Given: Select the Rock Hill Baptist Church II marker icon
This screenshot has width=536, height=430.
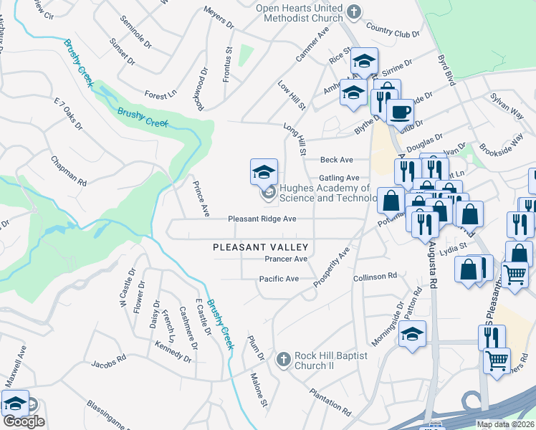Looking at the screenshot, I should coord(284,358).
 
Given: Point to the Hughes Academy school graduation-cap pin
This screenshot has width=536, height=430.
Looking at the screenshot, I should coord(264,172).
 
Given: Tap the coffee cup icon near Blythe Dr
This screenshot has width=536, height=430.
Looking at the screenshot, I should coord(400,112).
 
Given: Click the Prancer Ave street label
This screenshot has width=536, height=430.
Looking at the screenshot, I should coord(286,259).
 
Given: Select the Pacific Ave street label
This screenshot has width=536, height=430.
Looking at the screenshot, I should coord(279,279).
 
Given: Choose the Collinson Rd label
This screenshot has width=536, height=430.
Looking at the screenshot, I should coord(375,276).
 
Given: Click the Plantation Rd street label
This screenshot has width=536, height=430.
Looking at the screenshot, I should coord(330,403).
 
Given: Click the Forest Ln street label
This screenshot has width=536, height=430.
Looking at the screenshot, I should coord(160,95).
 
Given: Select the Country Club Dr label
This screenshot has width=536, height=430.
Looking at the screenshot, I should coord(391,32).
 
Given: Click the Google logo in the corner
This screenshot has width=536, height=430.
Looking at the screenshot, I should coord(24,421).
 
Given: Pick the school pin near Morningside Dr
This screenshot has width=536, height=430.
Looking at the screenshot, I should coord(413,334).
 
